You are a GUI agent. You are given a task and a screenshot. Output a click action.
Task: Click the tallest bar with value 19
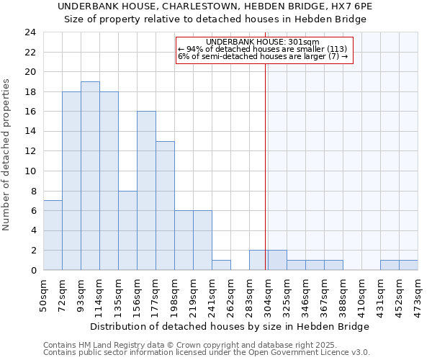pos(90,176)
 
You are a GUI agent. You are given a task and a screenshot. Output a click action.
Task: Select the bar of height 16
pos(146,191)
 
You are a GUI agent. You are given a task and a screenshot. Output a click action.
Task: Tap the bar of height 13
pos(165,206)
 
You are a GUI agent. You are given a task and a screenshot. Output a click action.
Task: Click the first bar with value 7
pos(53,235)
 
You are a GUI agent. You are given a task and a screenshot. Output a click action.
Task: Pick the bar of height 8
pos(127,230)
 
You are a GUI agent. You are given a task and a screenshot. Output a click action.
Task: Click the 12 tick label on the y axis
pos(30,151)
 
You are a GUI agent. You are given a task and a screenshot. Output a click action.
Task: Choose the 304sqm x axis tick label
pos(269,295)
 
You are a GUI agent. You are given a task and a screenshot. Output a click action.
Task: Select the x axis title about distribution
pos(230,326)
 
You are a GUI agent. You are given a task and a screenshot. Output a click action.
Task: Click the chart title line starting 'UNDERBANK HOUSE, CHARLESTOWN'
pos(215,6)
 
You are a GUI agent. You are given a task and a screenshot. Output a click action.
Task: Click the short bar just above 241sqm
pos(221,265)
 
